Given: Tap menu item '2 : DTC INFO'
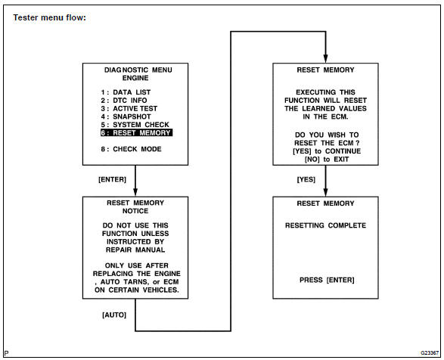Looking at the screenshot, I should coord(123,100).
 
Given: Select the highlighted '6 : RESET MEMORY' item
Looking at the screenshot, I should coord(136,133).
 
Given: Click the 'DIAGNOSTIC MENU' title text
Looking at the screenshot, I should coord(135,69).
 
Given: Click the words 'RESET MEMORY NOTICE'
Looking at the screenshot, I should coord(135,207).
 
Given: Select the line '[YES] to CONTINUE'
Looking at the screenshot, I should coord(326,151).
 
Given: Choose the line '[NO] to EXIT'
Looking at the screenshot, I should coord(326,160).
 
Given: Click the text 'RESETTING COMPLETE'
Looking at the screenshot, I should coord(325,225).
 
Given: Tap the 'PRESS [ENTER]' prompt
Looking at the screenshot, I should coord(326,281).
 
